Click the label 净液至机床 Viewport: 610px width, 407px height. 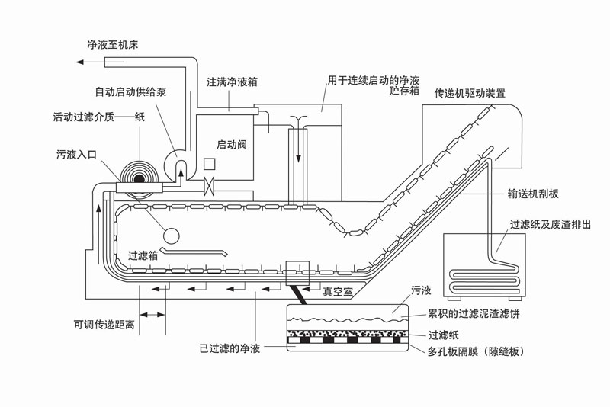112,45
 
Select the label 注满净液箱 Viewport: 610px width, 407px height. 232,80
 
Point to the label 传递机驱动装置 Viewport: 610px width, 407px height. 470,93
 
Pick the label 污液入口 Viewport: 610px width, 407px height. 77,155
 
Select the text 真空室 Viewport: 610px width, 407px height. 338,291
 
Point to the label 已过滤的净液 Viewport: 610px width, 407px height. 230,348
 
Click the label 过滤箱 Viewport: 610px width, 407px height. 143,255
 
